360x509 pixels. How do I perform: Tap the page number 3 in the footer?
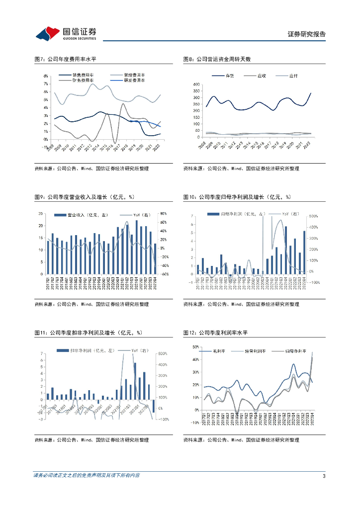point(324,476)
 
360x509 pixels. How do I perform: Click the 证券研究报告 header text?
point(307,34)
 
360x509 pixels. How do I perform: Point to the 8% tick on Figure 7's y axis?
point(46,76)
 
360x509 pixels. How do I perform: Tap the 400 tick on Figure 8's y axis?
point(196,85)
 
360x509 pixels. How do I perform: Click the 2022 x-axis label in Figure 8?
point(307,144)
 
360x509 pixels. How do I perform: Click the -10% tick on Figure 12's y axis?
point(195,423)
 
